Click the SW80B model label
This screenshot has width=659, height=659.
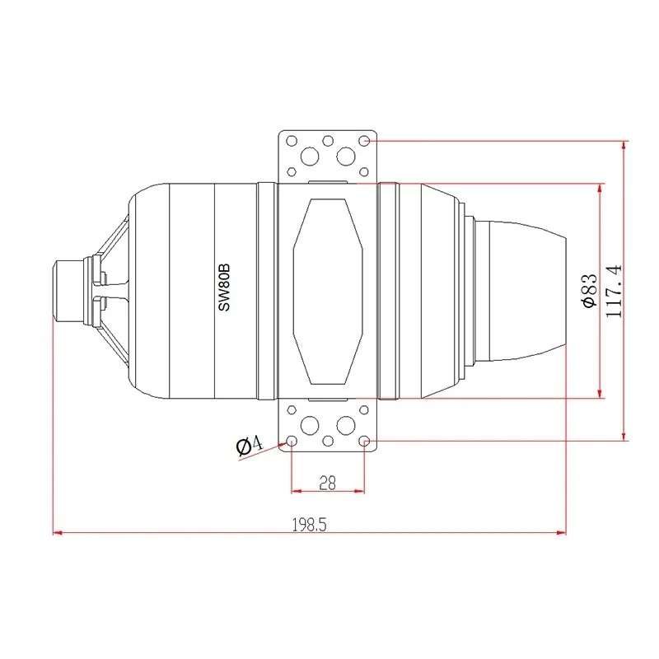[224, 287]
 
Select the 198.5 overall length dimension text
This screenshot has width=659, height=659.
[310, 525]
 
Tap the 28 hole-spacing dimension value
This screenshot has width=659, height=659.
[327, 483]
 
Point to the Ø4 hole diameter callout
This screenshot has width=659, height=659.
[250, 446]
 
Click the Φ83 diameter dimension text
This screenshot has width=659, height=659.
[590, 291]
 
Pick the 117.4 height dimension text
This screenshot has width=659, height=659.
[614, 291]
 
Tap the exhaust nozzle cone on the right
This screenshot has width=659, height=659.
[527, 291]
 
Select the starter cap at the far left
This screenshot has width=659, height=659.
[68, 291]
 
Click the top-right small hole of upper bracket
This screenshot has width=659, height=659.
[364, 141]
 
